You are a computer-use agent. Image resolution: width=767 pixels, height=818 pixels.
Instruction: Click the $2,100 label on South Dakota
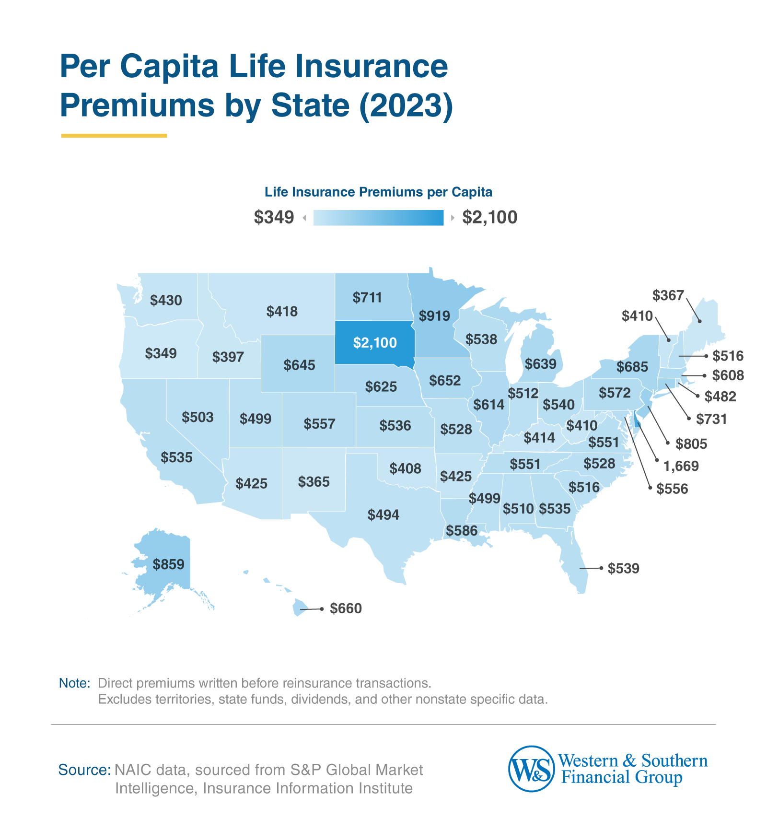(375, 342)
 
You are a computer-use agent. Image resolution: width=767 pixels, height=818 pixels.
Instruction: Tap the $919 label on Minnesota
(434, 316)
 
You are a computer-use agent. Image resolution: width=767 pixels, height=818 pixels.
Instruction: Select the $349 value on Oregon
(161, 353)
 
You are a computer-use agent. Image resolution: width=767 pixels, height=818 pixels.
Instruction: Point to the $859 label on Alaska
(168, 564)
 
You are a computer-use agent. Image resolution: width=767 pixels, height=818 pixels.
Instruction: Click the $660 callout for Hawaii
(346, 608)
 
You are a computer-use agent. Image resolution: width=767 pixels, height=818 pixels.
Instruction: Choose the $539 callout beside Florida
(623, 569)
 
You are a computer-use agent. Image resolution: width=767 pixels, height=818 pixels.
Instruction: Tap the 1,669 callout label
(681, 466)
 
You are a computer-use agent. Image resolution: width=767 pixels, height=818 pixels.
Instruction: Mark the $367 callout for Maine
(668, 295)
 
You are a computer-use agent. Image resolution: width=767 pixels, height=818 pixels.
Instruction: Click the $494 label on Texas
(383, 515)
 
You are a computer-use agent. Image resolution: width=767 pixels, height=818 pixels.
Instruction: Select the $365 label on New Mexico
(314, 481)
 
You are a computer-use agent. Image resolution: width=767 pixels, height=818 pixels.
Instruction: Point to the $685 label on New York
(632, 367)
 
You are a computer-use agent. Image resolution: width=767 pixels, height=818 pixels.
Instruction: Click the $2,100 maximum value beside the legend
(489, 217)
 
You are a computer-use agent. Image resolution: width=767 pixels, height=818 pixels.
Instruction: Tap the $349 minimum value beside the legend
(274, 217)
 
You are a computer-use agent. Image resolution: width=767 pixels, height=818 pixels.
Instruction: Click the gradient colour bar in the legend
(378, 218)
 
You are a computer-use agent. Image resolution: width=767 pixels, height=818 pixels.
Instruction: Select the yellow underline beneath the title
(114, 136)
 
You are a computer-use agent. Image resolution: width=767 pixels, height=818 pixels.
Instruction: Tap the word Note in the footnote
(74, 683)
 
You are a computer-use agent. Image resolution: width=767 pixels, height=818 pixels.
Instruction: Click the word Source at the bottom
(84, 770)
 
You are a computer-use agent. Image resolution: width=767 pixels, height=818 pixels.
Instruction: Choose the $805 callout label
(691, 444)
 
